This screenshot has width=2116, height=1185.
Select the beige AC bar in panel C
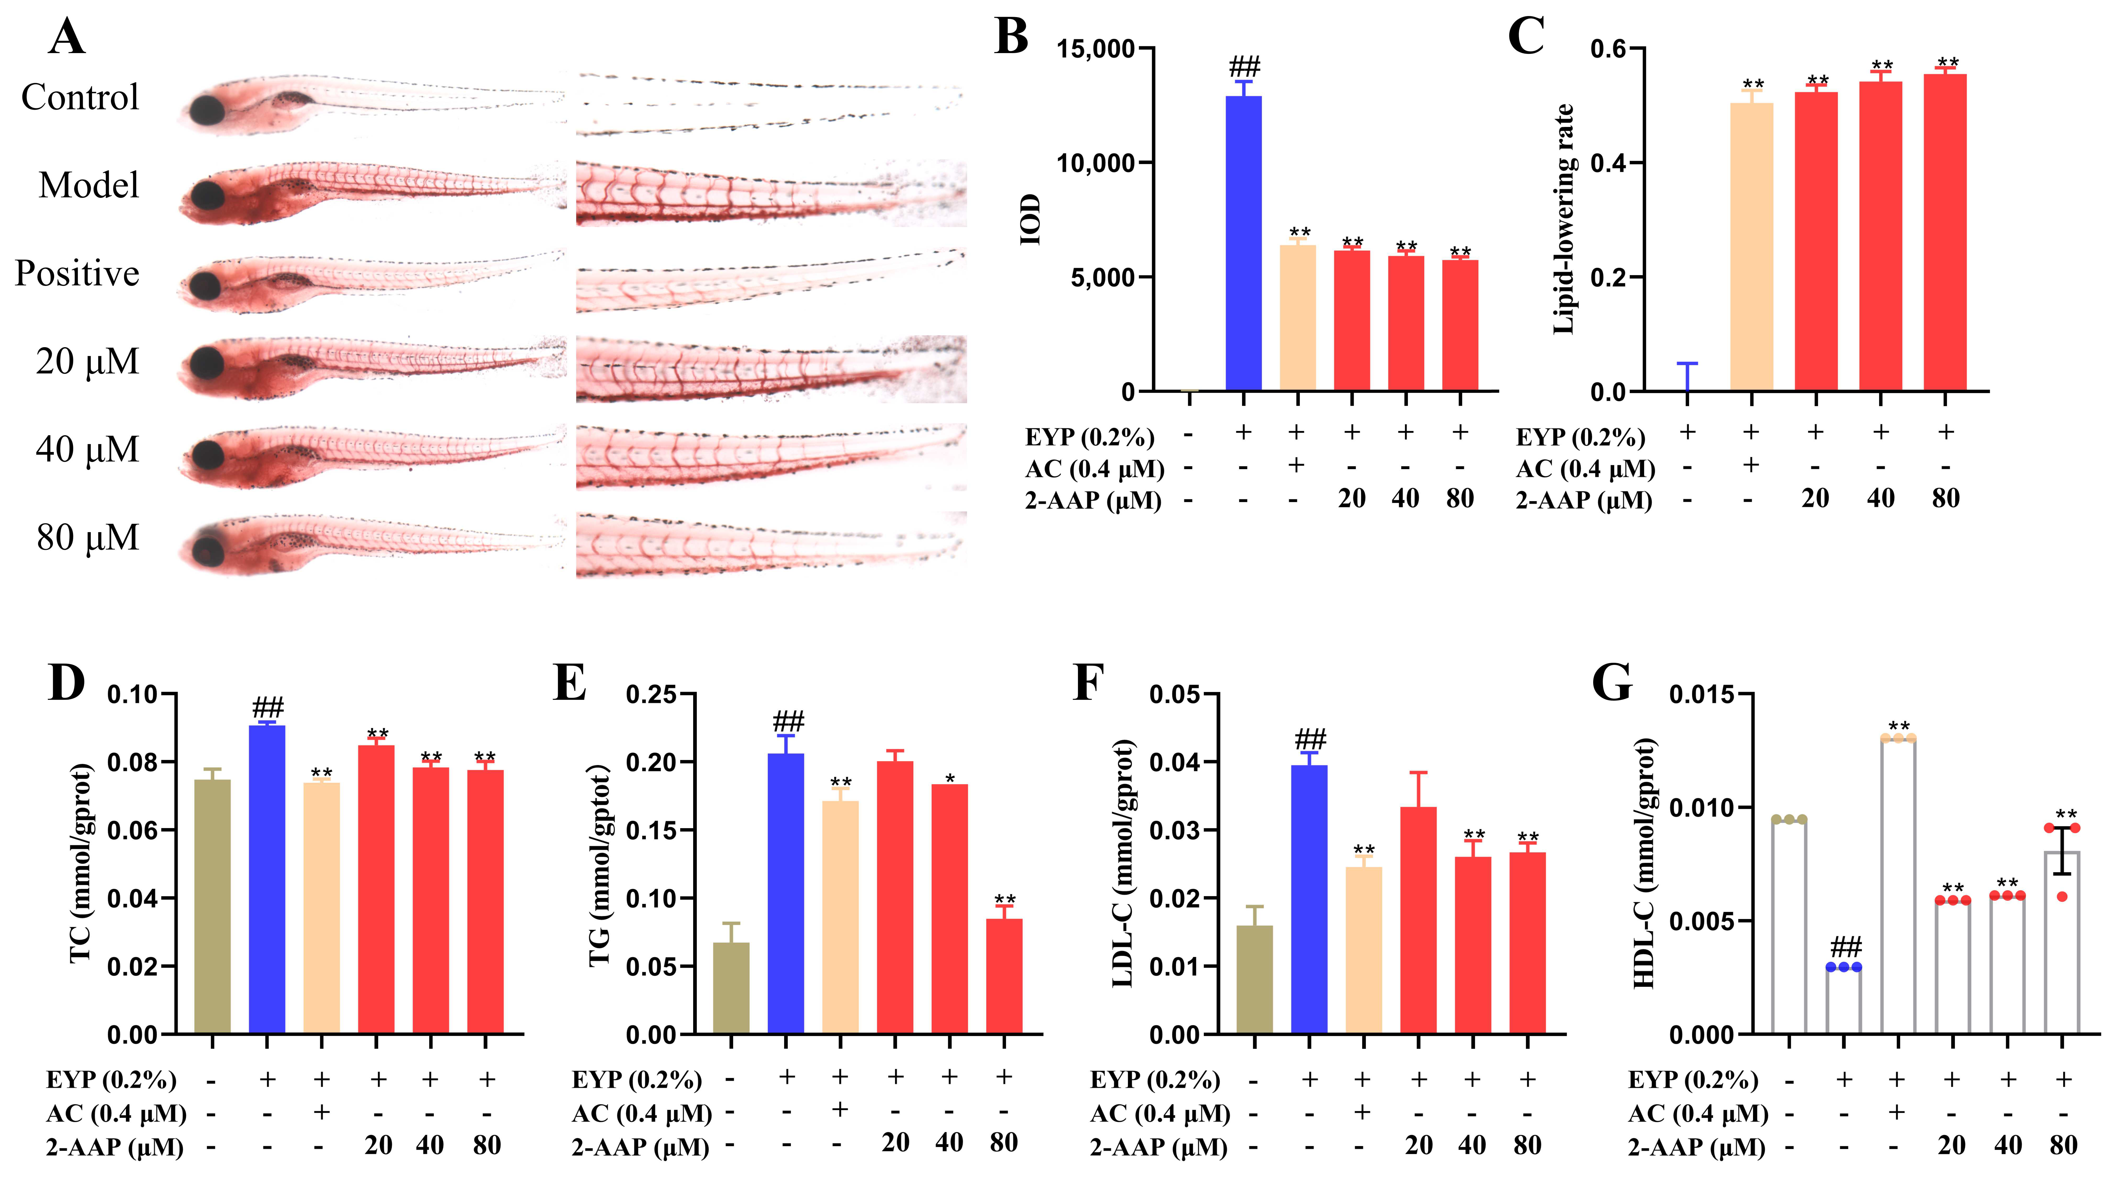(1751, 246)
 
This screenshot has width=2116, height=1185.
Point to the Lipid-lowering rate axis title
(1563, 219)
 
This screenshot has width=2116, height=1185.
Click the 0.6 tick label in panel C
(1608, 49)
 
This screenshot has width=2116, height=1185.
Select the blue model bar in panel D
(267, 879)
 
